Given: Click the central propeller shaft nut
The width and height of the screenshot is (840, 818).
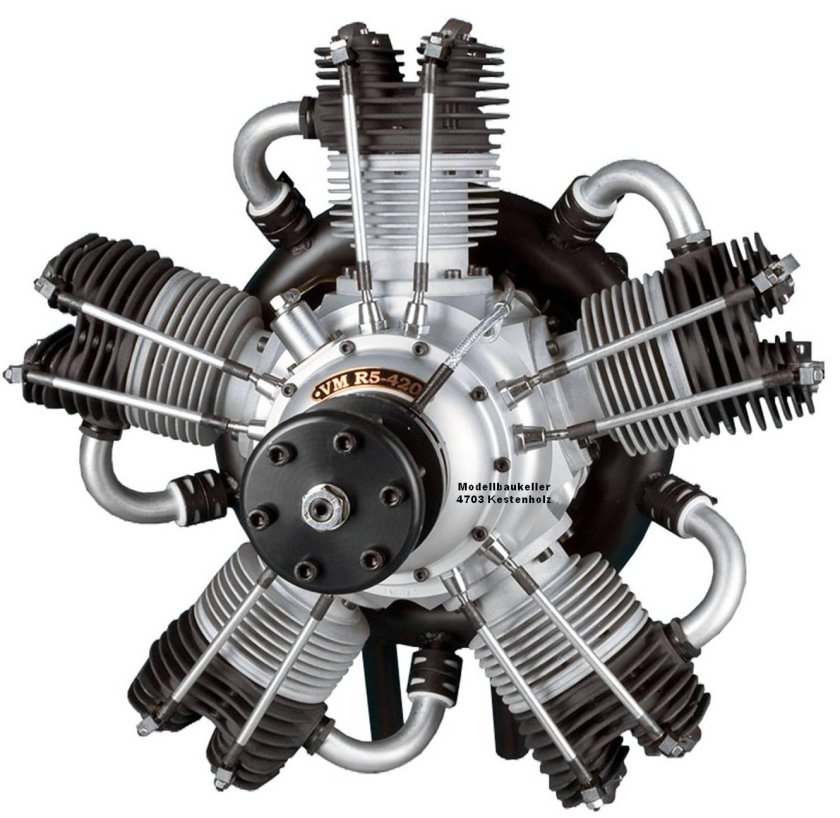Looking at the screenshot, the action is click(x=324, y=506).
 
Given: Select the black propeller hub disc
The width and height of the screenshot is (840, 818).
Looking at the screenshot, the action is click(x=333, y=498).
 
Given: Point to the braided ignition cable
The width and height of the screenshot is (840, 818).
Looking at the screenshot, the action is click(x=466, y=343).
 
